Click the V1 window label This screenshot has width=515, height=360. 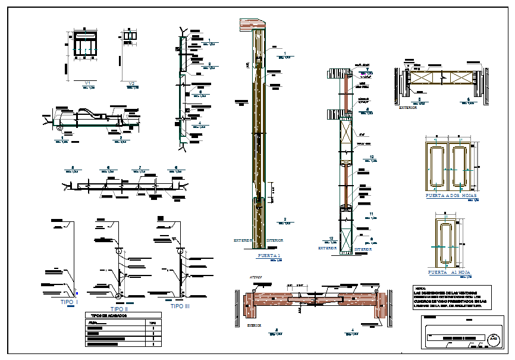(87, 83)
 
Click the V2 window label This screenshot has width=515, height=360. (133, 83)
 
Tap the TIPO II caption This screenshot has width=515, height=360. (119, 309)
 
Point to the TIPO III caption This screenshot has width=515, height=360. (180, 306)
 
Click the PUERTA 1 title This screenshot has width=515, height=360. (268, 256)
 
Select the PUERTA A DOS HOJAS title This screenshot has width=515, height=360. (451, 195)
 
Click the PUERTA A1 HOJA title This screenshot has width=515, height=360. (449, 272)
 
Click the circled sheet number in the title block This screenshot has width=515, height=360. (493, 340)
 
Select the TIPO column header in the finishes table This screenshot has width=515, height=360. (153, 323)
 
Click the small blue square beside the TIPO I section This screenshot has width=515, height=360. (77, 293)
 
